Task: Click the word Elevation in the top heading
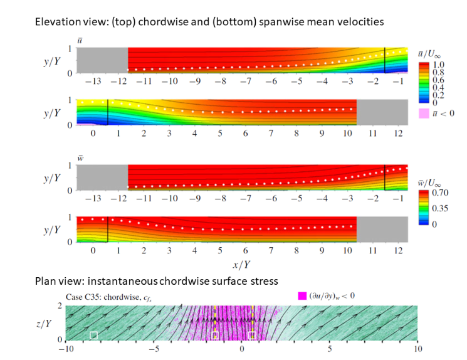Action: click(56, 21)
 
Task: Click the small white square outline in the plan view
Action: click(93, 336)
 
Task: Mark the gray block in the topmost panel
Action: click(102, 61)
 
